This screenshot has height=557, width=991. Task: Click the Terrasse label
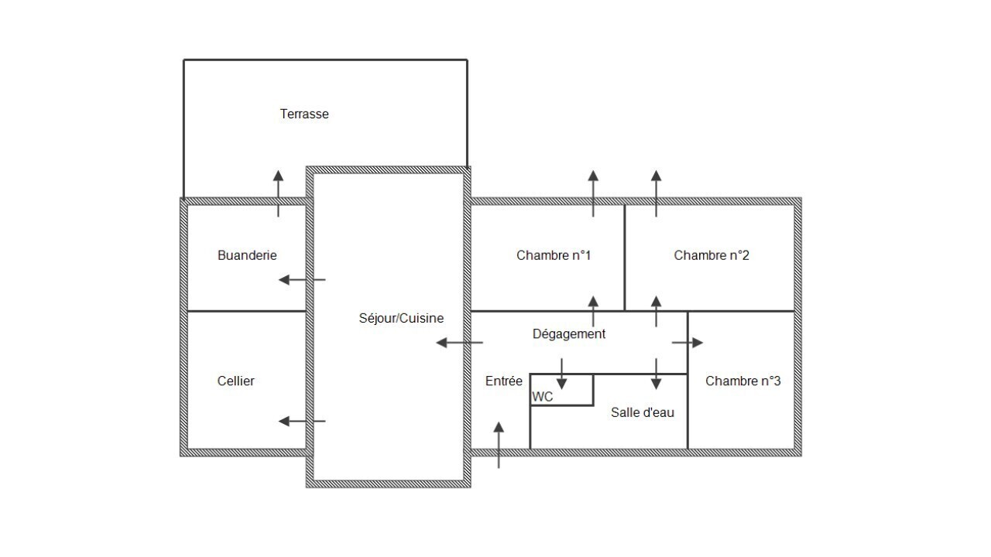[x=304, y=114]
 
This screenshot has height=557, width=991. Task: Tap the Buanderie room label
[x=247, y=255]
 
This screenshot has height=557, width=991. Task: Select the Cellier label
[x=236, y=381]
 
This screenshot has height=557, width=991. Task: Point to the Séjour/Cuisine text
[x=401, y=318]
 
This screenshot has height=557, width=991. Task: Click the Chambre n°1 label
[x=554, y=255]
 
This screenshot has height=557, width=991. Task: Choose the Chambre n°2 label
[x=712, y=255]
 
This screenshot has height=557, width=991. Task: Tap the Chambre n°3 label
[x=742, y=381]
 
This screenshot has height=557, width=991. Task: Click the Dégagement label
[x=569, y=333]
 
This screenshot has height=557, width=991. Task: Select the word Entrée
[x=503, y=381]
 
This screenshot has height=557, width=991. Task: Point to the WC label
[x=543, y=397]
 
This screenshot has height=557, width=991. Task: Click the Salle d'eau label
[x=643, y=412]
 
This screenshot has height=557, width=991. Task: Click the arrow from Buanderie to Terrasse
[x=278, y=193]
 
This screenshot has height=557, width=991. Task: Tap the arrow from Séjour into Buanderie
[x=302, y=280]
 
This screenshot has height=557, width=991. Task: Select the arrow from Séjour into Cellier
[x=302, y=422]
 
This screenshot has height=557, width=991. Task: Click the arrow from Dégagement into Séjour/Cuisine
[x=459, y=343]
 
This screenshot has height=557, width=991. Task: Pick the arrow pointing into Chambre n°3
[x=688, y=343]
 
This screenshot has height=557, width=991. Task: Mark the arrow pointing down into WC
[x=562, y=374]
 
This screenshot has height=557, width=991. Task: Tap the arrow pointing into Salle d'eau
[x=656, y=374]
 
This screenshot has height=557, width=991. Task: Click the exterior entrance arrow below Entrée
[x=499, y=445]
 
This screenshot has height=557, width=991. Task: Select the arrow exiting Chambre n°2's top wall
[x=656, y=193]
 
